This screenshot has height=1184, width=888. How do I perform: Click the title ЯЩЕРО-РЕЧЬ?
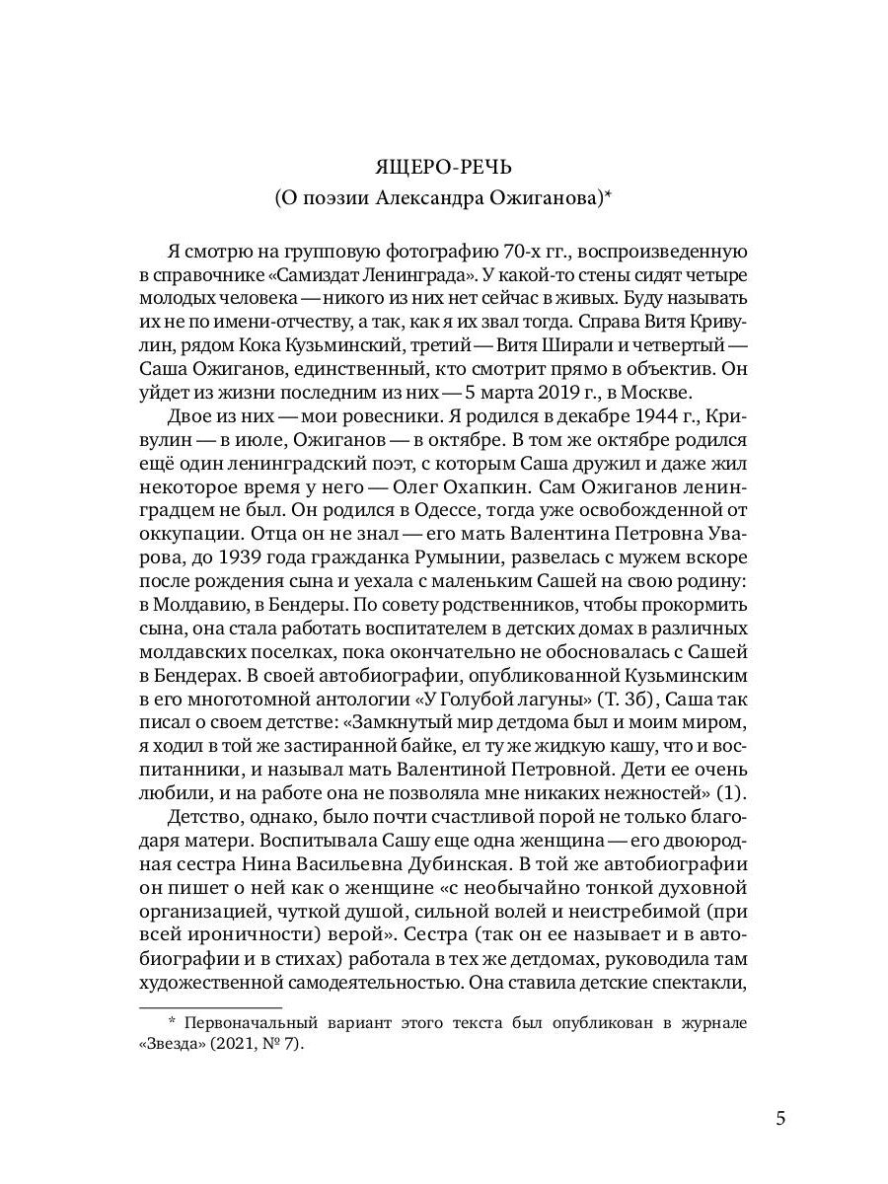point(444,161)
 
